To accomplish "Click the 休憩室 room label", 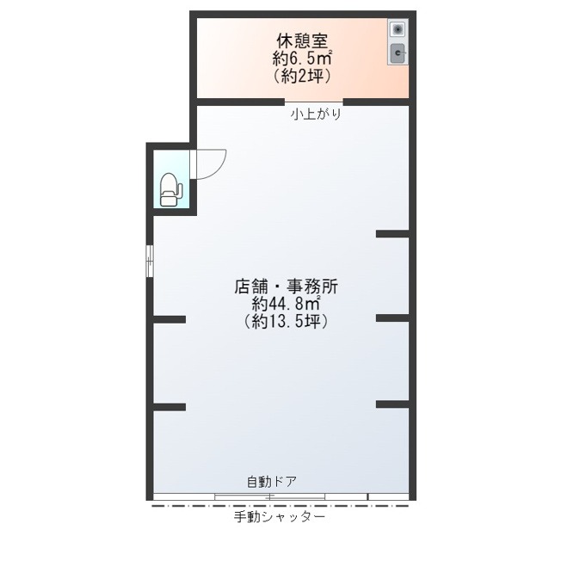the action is tap(302, 40).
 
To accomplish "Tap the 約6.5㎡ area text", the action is tap(302, 59).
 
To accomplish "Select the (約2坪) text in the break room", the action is tap(302, 76).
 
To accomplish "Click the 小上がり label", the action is tap(316, 114).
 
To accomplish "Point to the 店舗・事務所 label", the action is tap(286, 287).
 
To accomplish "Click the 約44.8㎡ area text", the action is tap(286, 304).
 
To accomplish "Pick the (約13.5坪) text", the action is tap(286, 321).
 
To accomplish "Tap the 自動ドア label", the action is tap(272, 482).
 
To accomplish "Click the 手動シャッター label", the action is tap(280, 517).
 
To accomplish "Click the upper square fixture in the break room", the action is tap(398, 29).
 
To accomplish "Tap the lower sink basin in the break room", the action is tap(398, 53).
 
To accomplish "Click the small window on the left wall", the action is tap(150, 261).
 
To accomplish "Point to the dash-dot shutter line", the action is tap(280, 506).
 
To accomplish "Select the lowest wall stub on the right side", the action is tap(392, 404).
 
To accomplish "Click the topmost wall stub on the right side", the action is tap(392, 234).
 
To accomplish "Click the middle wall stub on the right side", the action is tap(392, 318).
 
